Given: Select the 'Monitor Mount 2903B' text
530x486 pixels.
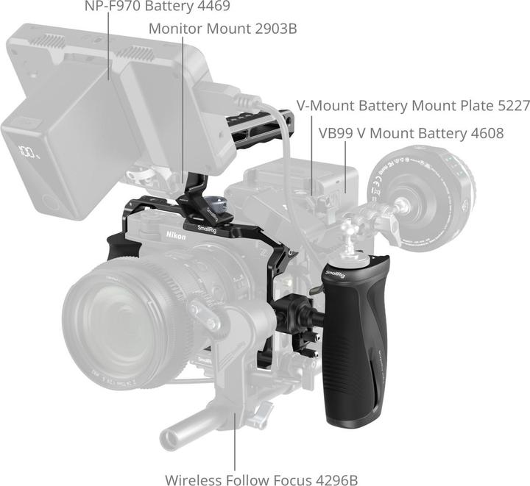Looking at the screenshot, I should pos(222,29).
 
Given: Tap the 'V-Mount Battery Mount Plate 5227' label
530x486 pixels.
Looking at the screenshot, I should pos(413,105).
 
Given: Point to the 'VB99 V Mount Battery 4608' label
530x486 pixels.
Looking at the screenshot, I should pos(411,133).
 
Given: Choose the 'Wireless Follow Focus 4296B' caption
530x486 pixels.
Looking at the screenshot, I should pos(261,479).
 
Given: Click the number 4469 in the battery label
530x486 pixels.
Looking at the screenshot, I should pos(213,7).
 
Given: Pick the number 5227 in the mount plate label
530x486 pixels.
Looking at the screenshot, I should pos(510,105).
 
